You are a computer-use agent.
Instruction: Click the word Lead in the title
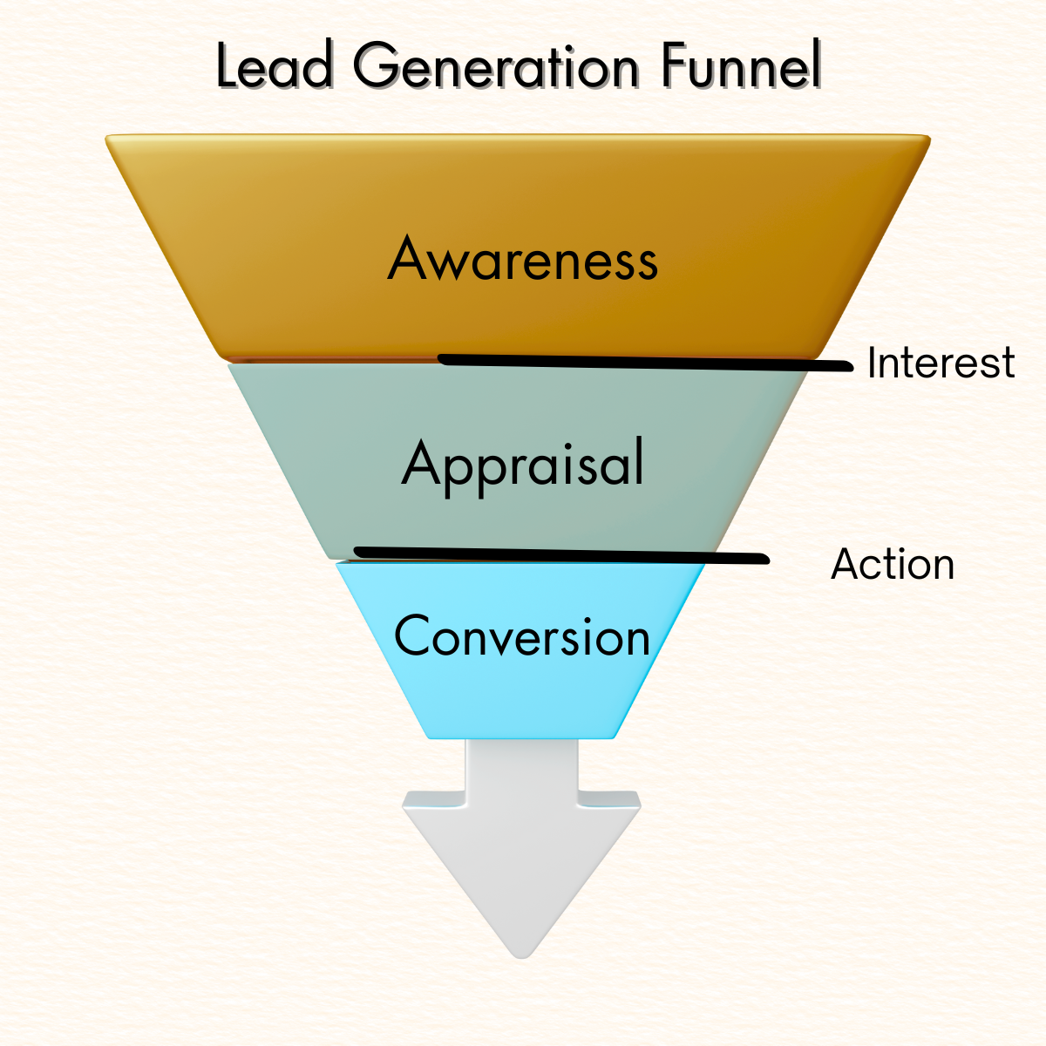click(x=274, y=66)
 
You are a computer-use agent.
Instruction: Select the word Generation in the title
click(x=496, y=66)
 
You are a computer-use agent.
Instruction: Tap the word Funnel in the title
click(x=740, y=66)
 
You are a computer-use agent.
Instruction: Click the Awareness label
click(x=522, y=259)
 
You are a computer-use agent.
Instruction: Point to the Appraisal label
click(x=523, y=464)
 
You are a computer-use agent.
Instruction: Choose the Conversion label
click(x=522, y=636)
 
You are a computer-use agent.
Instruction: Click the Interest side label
click(x=941, y=363)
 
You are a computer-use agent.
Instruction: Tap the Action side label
click(x=893, y=564)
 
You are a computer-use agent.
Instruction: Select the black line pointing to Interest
click(x=645, y=363)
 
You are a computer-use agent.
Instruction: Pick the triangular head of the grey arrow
click(x=521, y=863)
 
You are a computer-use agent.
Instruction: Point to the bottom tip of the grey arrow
click(x=521, y=954)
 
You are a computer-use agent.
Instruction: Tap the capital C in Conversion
click(x=413, y=636)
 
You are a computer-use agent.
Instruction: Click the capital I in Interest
click(x=873, y=363)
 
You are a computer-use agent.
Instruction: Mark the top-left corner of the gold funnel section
click(x=109, y=139)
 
